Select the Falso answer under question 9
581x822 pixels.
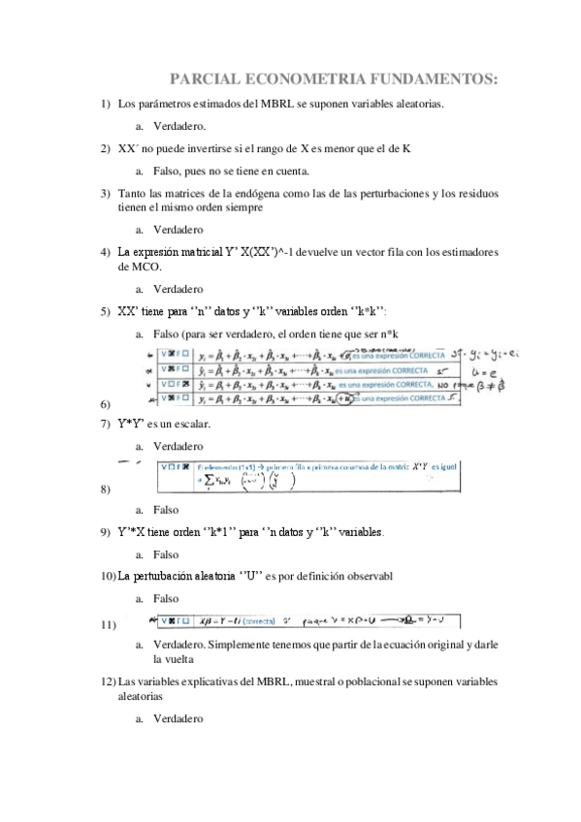[166, 554]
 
